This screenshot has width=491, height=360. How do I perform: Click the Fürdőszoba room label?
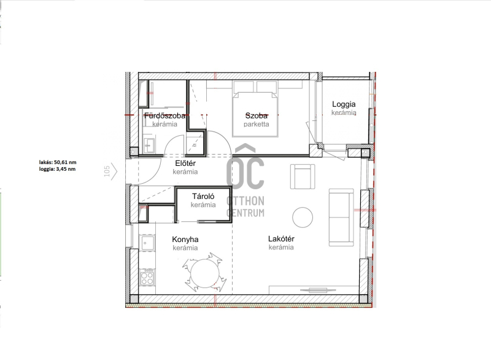pos(164,115)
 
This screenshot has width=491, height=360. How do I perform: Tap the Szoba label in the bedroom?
pos(257,115)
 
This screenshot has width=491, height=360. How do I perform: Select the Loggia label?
pos(344,104)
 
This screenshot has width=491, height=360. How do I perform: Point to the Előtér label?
pos(185,163)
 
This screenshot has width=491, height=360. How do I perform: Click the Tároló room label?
pos(203,197)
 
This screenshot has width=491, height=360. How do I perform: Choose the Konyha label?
pos(185,240)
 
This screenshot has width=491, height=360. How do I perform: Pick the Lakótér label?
pos(281,239)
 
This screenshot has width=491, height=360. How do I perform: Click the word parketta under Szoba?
pos(257,124)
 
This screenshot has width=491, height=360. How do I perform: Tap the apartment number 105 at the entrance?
pos(107,171)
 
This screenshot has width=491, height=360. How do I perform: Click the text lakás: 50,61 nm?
pos(58,162)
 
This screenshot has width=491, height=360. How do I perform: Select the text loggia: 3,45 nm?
pos(57,169)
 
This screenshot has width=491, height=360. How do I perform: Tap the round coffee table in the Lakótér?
pos(303,217)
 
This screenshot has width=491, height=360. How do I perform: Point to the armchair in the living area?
pos(303,176)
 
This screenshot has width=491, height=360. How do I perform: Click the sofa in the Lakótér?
pos(341,217)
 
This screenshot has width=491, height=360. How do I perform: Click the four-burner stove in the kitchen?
pos(147,278)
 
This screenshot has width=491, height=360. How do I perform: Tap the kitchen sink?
pos(147,243)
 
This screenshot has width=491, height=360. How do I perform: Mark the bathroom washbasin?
pos(149,146)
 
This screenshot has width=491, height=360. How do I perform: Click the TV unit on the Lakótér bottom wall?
pos(314,290)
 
